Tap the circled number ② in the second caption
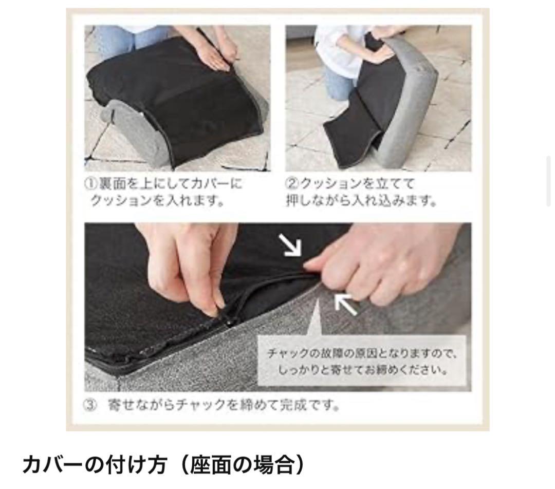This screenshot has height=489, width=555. (x=292, y=183)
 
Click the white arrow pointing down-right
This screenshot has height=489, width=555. (x=290, y=245)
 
